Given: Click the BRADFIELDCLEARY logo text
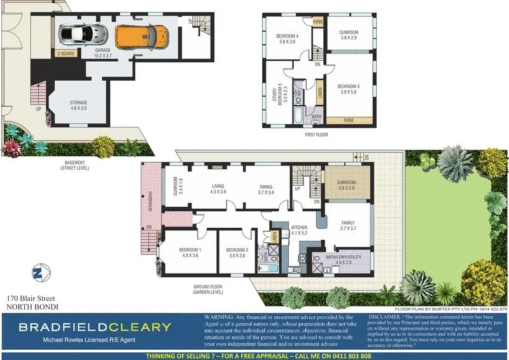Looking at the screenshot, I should (x=94, y=328).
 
